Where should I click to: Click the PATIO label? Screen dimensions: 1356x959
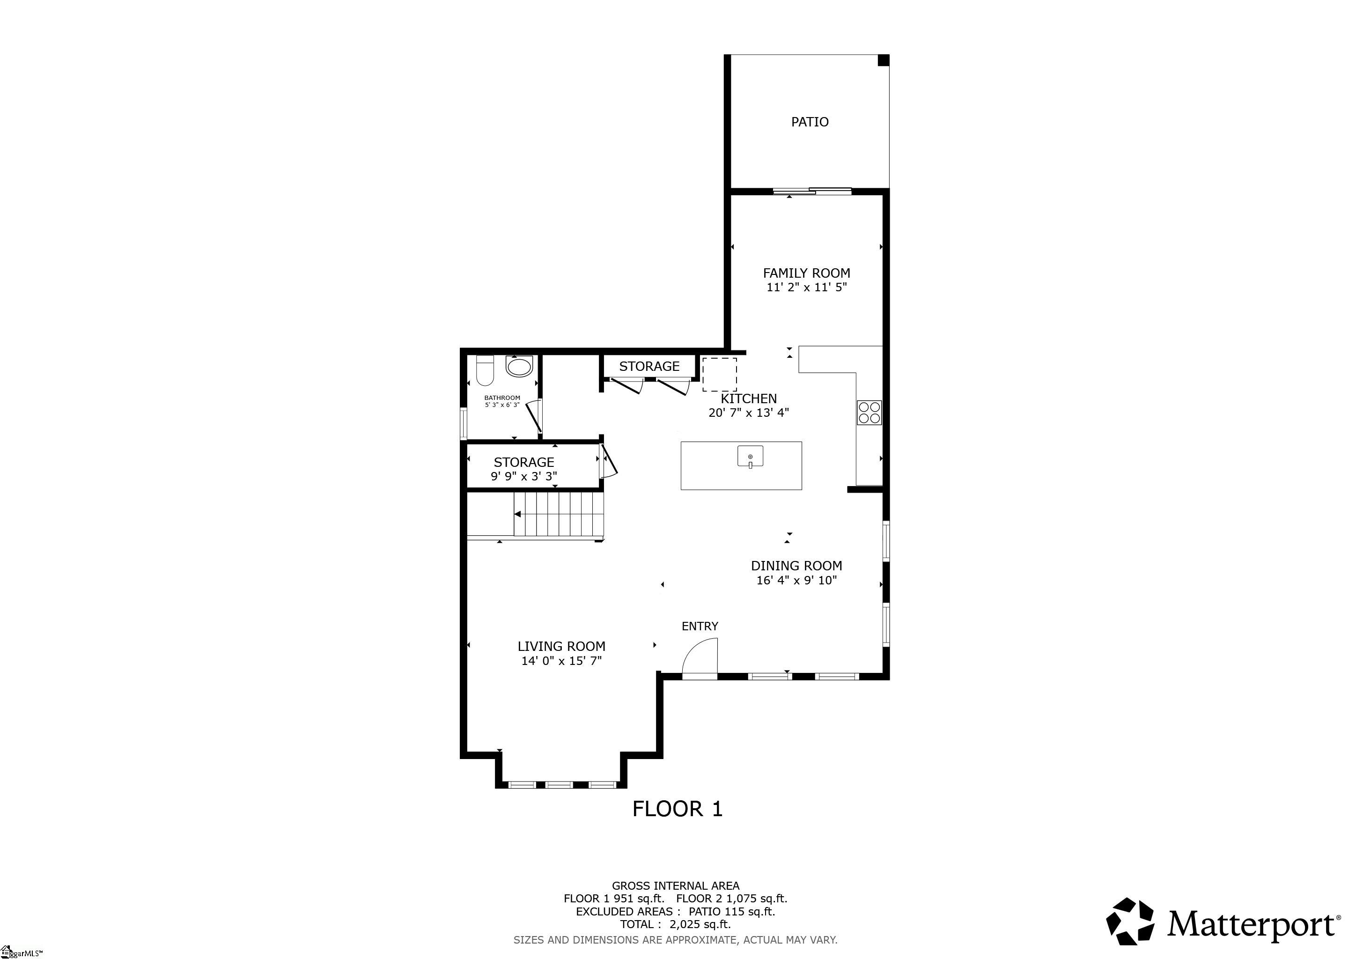[x=810, y=122]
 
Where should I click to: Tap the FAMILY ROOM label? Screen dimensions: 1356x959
[x=806, y=273]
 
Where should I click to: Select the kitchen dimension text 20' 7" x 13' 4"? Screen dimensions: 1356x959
[x=748, y=413]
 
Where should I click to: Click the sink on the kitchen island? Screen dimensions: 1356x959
[x=750, y=457]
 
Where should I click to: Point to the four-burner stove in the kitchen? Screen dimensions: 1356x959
[x=870, y=412]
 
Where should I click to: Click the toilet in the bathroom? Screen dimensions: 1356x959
[x=485, y=371]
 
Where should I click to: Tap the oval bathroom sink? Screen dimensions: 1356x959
[x=520, y=367]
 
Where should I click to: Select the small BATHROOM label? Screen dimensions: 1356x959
[x=502, y=398]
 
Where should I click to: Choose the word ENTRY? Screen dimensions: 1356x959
[x=700, y=626]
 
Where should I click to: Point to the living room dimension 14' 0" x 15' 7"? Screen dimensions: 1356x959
[x=561, y=661]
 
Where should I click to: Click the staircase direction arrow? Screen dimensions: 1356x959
[x=517, y=514]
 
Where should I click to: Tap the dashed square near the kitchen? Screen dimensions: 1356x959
[x=719, y=375]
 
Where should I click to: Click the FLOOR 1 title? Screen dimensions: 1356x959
[x=678, y=809]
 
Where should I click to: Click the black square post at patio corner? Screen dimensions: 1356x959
[x=884, y=60]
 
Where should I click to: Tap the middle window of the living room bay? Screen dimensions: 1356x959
[x=559, y=785]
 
